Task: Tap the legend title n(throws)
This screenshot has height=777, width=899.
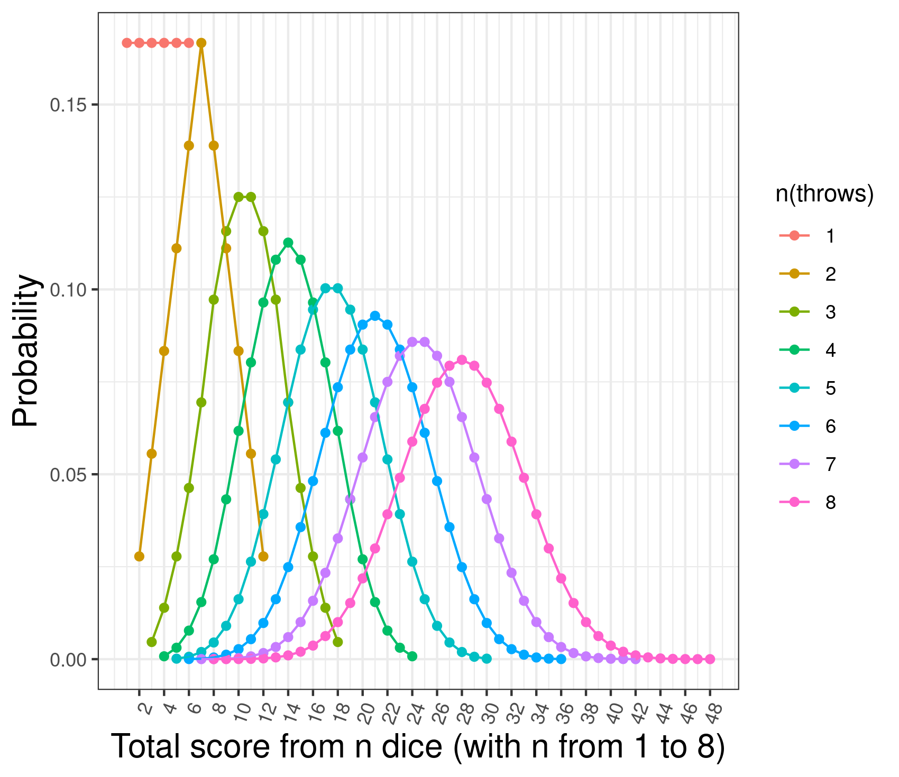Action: pos(824,194)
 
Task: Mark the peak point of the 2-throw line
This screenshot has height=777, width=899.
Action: pos(201,43)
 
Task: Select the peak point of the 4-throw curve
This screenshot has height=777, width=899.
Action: pos(288,243)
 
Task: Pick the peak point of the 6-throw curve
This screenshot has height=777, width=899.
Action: pos(375,316)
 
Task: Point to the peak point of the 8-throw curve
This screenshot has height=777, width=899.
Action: pos(462,360)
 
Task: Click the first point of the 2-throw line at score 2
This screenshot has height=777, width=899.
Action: pos(139,557)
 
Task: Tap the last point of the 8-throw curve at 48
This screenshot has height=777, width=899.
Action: pos(710,659)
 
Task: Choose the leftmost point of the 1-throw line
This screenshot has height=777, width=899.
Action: pos(127,43)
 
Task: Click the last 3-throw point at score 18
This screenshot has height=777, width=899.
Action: pos(338,642)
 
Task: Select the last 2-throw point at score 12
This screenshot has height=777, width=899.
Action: pos(263,557)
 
